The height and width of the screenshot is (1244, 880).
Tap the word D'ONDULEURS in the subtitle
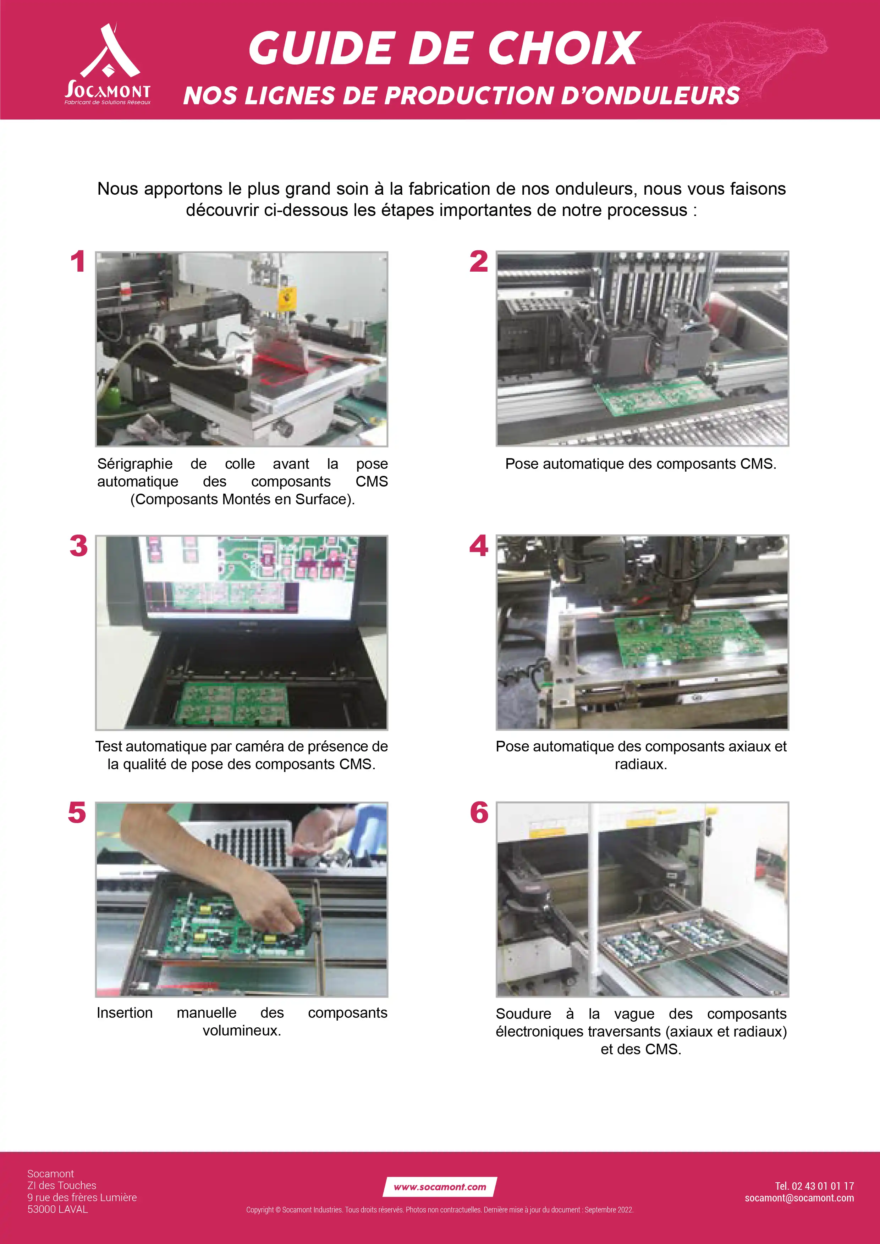(651, 95)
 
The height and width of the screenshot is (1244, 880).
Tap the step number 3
(79, 546)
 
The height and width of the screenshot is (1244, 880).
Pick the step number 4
(479, 546)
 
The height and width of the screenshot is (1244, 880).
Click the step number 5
(77, 813)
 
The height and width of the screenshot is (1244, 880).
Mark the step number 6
(479, 813)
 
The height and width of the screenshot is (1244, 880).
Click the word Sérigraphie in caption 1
(135, 464)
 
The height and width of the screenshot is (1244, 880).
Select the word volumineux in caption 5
(242, 1031)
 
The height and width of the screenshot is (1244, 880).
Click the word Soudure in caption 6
(523, 1014)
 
